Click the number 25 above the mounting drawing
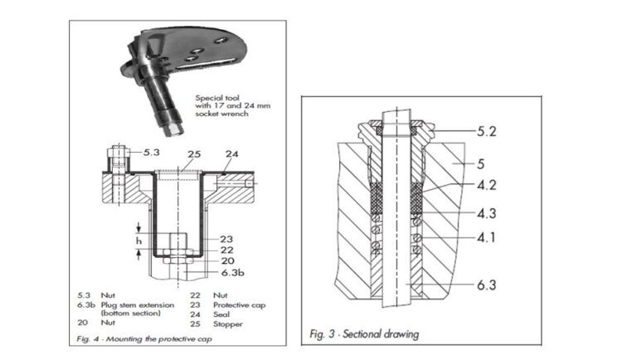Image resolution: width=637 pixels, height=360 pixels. [x=194, y=154]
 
